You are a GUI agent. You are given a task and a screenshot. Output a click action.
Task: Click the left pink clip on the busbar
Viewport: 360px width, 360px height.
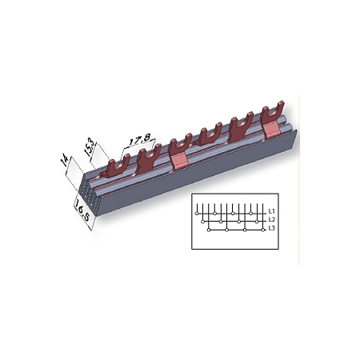tap(181, 159)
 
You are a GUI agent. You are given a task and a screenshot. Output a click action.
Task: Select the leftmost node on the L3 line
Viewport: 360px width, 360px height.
tap(210, 229)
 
